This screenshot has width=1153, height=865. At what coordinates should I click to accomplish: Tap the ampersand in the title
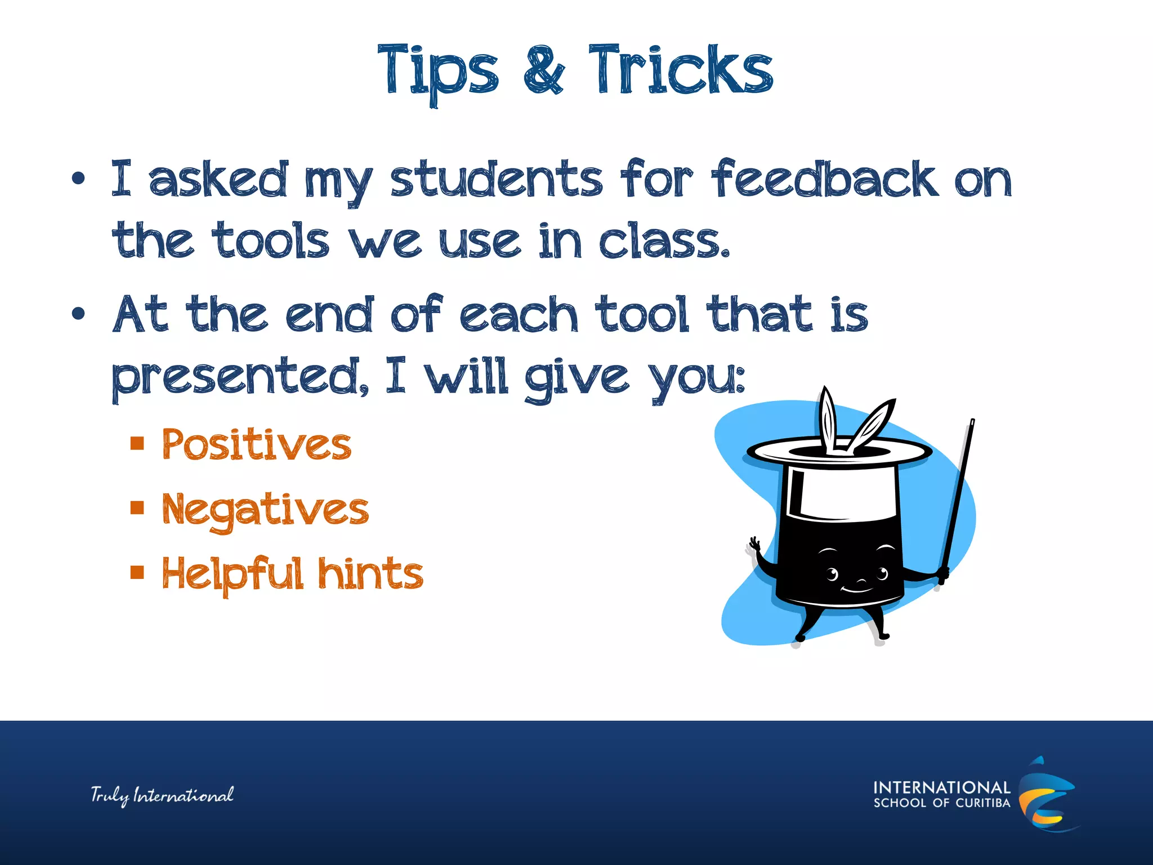543,70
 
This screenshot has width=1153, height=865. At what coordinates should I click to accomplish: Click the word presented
240,377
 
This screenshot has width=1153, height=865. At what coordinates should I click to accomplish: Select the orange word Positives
257,445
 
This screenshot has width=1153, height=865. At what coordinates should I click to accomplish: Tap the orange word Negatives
265,510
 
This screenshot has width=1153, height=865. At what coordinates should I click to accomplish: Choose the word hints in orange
370,574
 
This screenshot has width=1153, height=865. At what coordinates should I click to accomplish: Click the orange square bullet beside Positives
137,444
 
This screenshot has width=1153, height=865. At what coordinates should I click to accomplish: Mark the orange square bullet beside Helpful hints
137,573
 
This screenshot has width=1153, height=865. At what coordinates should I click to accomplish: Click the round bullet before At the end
78,313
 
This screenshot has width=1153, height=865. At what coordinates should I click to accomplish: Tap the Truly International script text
162,795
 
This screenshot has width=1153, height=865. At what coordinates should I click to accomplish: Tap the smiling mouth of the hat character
857,590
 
